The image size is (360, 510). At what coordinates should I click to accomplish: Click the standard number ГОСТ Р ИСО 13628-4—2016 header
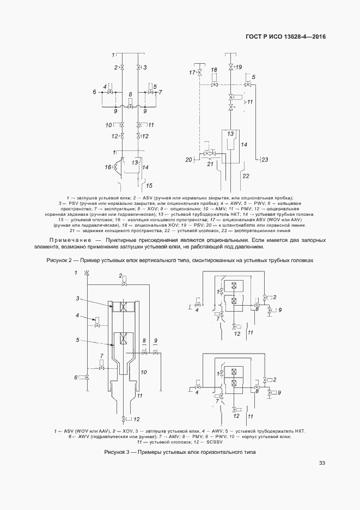[285, 37]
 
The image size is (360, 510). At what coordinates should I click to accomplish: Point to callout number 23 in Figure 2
[265, 160]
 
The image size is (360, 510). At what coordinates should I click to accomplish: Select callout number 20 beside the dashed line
[189, 160]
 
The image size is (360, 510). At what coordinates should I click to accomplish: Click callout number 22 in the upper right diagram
[246, 176]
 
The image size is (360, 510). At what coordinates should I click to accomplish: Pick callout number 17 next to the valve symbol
[192, 72]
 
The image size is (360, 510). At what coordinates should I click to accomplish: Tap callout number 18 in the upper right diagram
[214, 70]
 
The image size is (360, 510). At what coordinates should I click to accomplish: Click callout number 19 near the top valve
[239, 67]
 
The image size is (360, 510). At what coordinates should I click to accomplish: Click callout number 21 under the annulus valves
[210, 164]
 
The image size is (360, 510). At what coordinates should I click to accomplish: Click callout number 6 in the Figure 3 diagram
[76, 377]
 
